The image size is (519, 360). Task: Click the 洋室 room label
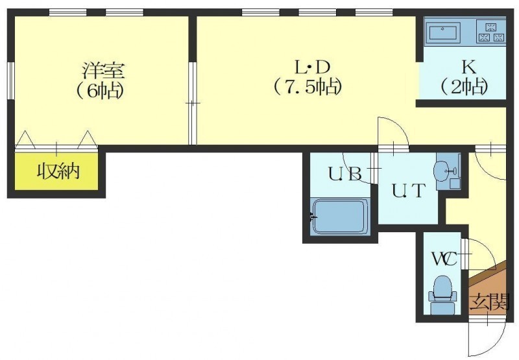pyautogui.click(x=104, y=70)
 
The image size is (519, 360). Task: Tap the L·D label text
pyautogui.click(x=313, y=67)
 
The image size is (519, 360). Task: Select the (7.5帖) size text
pyautogui.click(x=308, y=88)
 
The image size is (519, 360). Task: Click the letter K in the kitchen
pyautogui.click(x=469, y=67)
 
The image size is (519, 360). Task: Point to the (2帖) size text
pyautogui.click(x=464, y=88)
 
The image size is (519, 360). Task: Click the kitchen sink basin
pyautogui.click(x=443, y=33)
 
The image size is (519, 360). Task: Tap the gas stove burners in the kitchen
pyautogui.click(x=491, y=32)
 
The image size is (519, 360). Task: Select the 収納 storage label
pyautogui.click(x=58, y=171)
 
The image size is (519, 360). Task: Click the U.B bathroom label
pyautogui.click(x=344, y=174)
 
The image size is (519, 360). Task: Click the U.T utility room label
pyautogui.click(x=408, y=191)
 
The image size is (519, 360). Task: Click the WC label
pyautogui.click(x=444, y=258)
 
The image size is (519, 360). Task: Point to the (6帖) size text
pyautogui.click(x=100, y=90)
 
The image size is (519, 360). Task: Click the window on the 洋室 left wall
pyautogui.click(x=11, y=80)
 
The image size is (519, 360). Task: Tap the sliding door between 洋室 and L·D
pyautogui.click(x=192, y=103)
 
